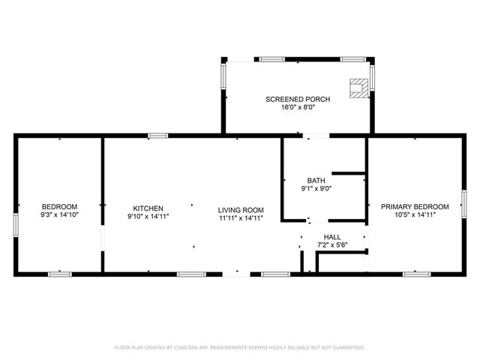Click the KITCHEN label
tap(148, 208)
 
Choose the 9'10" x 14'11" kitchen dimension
tap(148, 217)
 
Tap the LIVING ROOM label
tap(241, 209)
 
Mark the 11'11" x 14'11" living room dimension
tap(241, 217)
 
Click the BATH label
tap(316, 181)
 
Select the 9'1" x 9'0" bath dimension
tap(316, 189)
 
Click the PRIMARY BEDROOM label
tap(415, 206)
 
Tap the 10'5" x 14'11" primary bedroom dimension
tap(415, 214)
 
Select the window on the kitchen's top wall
tap(157, 136)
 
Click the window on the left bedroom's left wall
tap(16, 225)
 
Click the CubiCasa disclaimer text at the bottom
tap(239, 347)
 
